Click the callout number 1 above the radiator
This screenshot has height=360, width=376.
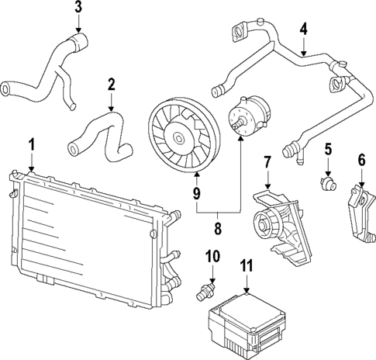click(x=31, y=145)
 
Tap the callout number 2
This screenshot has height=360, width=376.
click(x=112, y=85)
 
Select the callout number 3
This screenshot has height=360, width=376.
click(x=78, y=7)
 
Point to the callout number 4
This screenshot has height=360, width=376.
click(x=304, y=29)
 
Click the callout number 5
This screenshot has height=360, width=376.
click(x=328, y=150)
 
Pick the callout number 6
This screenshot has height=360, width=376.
click(x=361, y=160)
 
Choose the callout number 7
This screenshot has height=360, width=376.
click(x=267, y=162)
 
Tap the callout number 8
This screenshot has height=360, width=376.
click(x=218, y=228)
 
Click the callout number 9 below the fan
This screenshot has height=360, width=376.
click(x=197, y=193)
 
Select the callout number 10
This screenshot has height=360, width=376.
click(x=212, y=257)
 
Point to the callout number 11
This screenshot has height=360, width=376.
click(x=247, y=266)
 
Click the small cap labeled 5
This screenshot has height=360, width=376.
click(x=329, y=183)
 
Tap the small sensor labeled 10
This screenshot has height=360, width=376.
click(x=205, y=292)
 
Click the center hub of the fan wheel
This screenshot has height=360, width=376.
click(x=179, y=138)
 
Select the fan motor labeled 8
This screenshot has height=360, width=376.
click(x=249, y=115)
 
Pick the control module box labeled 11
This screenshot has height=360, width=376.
click(x=247, y=324)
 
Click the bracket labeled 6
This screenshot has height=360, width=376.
click(x=361, y=213)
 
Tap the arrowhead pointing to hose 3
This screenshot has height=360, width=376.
click(x=78, y=29)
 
